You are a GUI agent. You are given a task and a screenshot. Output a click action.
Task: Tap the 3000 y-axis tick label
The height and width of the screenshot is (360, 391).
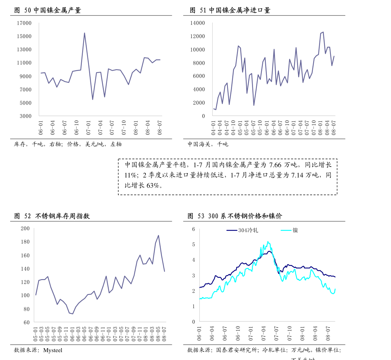[26, 116]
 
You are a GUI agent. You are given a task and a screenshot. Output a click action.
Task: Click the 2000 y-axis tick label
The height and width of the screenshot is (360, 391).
[199, 103]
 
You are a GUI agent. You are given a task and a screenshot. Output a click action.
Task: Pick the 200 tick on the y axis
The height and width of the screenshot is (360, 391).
[25, 228]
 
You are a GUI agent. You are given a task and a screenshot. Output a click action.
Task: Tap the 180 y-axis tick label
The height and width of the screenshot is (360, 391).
[25, 242]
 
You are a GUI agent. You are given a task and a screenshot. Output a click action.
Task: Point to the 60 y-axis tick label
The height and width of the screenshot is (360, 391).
[26, 323]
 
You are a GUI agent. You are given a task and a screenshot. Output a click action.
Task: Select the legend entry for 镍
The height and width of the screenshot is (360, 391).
[295, 230]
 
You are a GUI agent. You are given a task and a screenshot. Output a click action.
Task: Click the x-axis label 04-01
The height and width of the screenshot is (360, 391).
[213, 128]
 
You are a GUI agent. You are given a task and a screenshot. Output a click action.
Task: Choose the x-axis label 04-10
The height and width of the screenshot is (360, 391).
[233, 128]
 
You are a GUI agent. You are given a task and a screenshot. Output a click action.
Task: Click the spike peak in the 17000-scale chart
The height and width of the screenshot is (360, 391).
[84, 33]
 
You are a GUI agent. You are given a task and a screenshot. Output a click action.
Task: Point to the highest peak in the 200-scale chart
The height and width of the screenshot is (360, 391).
[158, 235]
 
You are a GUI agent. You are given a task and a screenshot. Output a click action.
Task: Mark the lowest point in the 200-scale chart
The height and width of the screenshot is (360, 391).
[73, 314]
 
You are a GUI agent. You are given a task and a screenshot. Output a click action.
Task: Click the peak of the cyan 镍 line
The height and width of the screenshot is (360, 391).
[268, 241]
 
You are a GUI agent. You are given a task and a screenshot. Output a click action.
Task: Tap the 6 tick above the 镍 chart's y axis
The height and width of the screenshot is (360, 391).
[194, 229]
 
